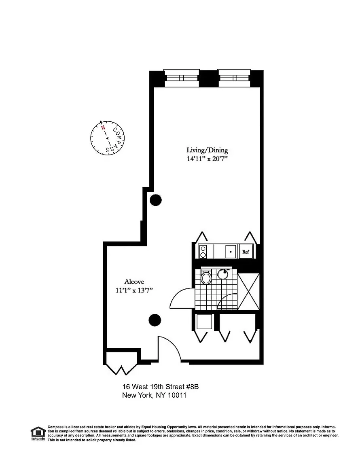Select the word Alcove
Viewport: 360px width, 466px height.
[x=134, y=282]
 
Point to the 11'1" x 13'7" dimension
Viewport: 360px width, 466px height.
[x=134, y=290]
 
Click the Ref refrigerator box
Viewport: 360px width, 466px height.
[x=245, y=252]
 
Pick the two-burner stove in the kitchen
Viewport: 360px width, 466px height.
[x=203, y=252]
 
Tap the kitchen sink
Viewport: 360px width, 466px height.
[x=231, y=252]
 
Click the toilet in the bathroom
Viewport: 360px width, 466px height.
[x=206, y=277]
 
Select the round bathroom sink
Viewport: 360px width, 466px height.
[x=223, y=274]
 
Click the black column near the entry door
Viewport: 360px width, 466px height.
[x=155, y=320]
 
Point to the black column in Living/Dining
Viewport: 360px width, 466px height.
[x=155, y=200]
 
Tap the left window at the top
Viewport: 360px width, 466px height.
[x=182, y=78]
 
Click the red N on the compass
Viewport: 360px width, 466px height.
[x=103, y=128]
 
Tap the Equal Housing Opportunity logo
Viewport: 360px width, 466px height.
[x=38, y=433]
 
